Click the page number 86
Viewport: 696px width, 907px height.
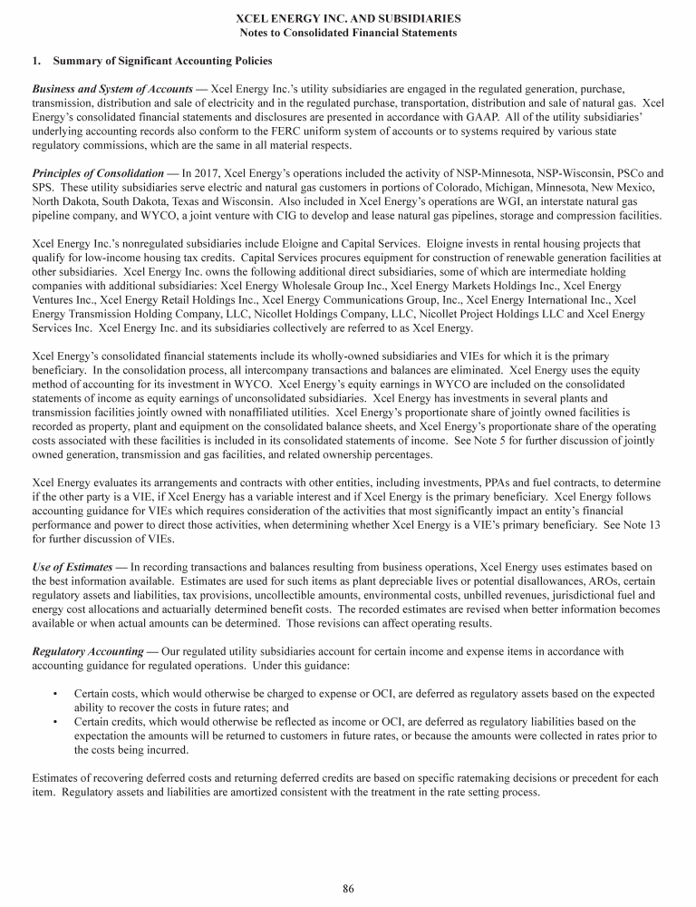tap(348, 888)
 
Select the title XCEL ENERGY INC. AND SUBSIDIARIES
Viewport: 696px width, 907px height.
tap(348, 18)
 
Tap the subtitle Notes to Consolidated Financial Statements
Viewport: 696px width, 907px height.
tap(348, 33)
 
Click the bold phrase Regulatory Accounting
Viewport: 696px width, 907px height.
tap(88, 650)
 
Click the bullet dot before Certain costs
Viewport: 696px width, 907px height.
tap(56, 693)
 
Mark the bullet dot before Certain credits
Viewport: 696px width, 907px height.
tap(56, 721)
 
